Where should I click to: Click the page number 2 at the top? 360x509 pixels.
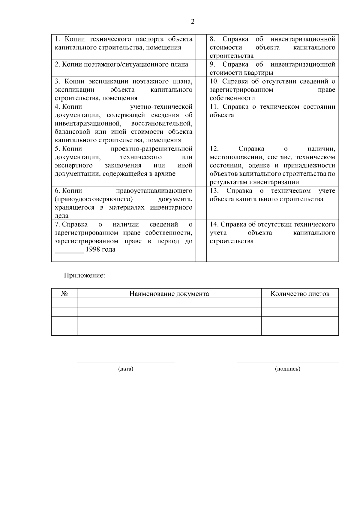(x=192, y=22)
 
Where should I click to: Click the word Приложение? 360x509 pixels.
(x=84, y=275)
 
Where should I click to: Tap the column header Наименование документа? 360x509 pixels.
(x=169, y=294)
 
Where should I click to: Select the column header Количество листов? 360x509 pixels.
(x=300, y=294)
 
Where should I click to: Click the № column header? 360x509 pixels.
(x=64, y=294)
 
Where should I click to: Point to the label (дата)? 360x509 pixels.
(x=126, y=369)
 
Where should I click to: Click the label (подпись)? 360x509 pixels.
(x=287, y=369)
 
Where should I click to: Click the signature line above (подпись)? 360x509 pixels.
(x=287, y=363)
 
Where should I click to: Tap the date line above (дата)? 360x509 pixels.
(x=126, y=363)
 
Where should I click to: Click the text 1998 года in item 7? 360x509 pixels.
(x=100, y=250)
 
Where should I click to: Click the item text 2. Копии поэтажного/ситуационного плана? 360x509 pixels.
(x=121, y=64)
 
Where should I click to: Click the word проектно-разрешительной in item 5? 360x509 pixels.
(x=151, y=149)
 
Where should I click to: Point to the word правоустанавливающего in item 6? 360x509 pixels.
(x=154, y=191)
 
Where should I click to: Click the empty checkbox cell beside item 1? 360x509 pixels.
(x=201, y=47)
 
